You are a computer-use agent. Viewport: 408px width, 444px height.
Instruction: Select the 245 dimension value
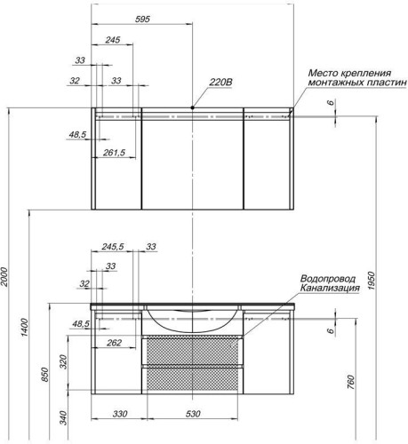click(x=113, y=41)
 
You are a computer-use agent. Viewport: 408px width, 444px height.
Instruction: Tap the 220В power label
click(x=220, y=83)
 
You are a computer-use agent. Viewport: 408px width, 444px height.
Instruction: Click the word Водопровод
click(x=331, y=276)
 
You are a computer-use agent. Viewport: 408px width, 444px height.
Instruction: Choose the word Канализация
click(x=330, y=288)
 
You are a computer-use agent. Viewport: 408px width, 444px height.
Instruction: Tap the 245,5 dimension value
click(x=113, y=247)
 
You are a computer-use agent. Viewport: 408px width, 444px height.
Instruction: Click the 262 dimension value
click(x=114, y=343)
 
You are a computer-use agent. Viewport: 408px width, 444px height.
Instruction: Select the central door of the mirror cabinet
click(x=192, y=162)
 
